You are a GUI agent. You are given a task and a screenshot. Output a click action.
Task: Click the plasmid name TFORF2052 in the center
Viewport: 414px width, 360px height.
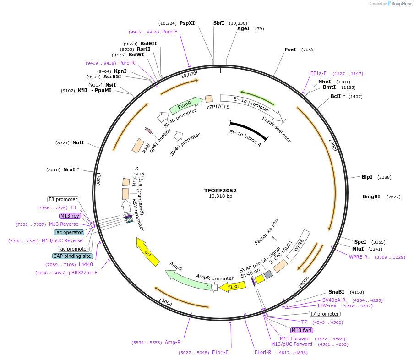[220, 190]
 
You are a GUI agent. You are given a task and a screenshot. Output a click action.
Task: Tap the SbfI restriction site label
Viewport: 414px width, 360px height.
[219, 23]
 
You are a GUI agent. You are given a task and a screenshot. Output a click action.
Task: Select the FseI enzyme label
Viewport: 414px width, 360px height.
[290, 49]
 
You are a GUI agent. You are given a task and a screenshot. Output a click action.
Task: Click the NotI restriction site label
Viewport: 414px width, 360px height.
[78, 142]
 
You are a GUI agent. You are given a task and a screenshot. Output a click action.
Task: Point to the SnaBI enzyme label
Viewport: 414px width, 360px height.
[336, 292]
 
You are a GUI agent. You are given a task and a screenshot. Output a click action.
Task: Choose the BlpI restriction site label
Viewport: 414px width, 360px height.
[367, 177]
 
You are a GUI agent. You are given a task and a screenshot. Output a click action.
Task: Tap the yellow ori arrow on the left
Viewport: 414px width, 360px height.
[148, 251]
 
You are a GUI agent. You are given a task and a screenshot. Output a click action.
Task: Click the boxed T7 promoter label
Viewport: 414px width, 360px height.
[324, 314]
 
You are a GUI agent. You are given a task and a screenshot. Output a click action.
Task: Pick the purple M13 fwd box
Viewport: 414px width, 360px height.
[301, 330]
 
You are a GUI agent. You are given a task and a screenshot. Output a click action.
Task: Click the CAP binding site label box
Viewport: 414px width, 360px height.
[72, 256]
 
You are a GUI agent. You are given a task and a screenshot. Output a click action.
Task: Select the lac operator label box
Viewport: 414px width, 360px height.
[69, 232]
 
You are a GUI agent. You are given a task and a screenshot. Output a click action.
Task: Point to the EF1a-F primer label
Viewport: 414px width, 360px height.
[318, 73]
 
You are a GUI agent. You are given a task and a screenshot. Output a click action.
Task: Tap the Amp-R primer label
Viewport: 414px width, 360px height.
[172, 342]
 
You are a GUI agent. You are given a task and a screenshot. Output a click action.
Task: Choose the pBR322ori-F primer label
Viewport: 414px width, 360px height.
[83, 273]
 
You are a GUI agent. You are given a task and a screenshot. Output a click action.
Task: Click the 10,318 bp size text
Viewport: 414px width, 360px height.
[220, 196]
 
